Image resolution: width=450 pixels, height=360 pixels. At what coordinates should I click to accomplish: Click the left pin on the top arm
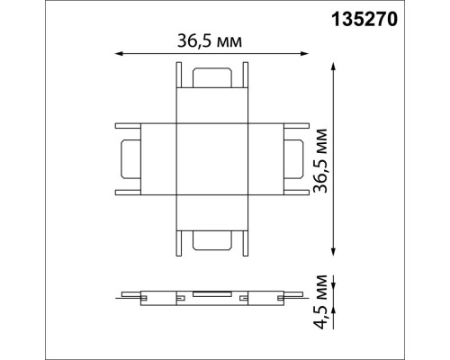tap(181, 76)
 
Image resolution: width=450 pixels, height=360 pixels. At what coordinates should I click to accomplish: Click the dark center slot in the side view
tap(211, 294)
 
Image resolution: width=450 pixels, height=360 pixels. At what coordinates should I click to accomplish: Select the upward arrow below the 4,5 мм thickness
tap(335, 307)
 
